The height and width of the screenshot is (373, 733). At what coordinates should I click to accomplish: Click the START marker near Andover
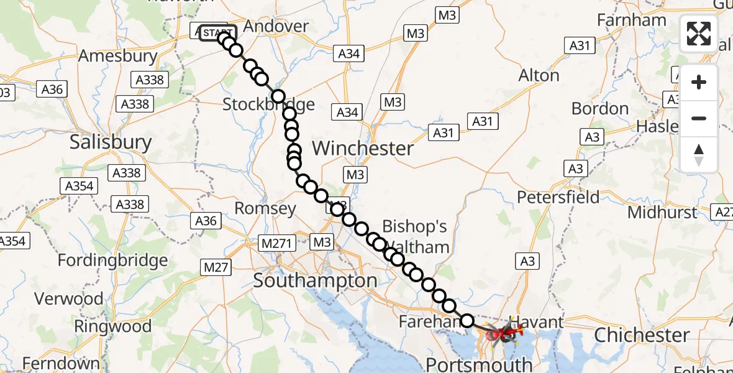[217, 32]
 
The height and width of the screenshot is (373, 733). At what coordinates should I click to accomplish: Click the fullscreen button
[699, 34]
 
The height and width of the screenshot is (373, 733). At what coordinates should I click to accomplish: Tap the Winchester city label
[363, 149]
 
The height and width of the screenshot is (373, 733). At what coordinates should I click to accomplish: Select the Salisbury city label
[111, 142]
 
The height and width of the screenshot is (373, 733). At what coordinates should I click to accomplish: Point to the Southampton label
[315, 280]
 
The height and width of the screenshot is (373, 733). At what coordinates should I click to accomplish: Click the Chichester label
[642, 336]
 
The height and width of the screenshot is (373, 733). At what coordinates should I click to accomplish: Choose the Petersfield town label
[558, 198]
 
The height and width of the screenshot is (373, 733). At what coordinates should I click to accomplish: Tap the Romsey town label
[265, 208]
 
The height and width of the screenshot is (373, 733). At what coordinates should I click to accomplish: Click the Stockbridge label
[268, 104]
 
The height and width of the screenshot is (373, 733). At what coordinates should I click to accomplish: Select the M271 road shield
[277, 242]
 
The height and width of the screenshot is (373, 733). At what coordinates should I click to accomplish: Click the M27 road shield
[216, 267]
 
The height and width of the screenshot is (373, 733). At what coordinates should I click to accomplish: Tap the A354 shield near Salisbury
[79, 186]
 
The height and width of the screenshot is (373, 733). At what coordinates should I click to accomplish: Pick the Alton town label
[539, 76]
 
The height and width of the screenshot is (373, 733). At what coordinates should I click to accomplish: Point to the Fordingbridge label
[112, 260]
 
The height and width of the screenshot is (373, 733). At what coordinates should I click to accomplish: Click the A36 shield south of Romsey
[206, 221]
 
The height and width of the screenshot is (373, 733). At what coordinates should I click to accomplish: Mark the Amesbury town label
[118, 56]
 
